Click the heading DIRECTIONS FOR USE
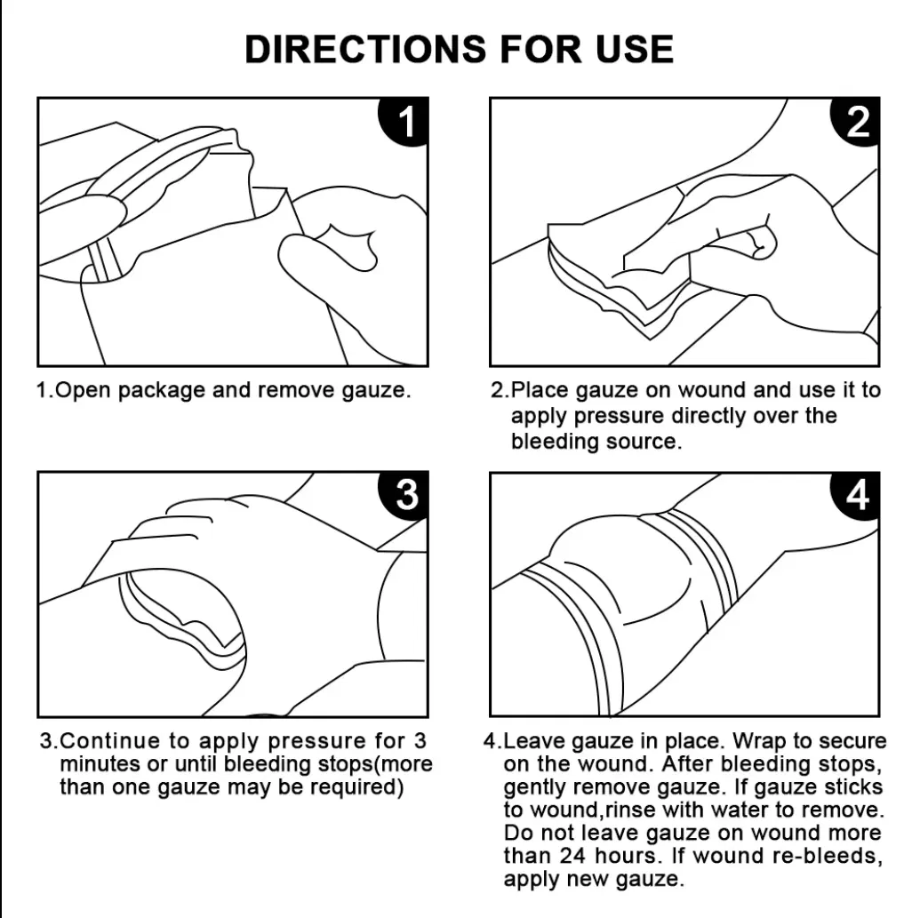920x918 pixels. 459,49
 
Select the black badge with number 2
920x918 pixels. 856,122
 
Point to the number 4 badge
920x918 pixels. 856,495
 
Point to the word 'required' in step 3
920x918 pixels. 360,786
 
